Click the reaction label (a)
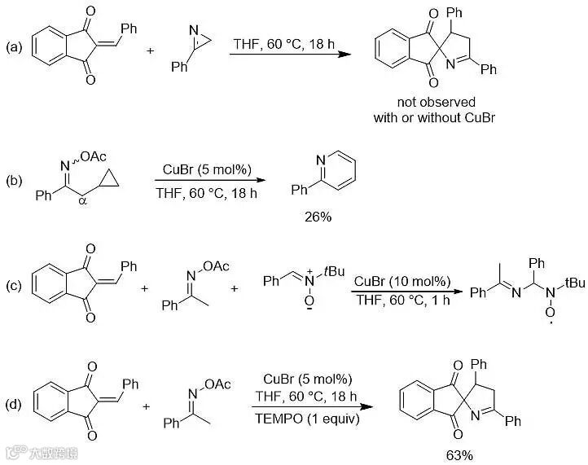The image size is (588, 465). click(x=15, y=48)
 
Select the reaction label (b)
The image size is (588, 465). click(x=15, y=177)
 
